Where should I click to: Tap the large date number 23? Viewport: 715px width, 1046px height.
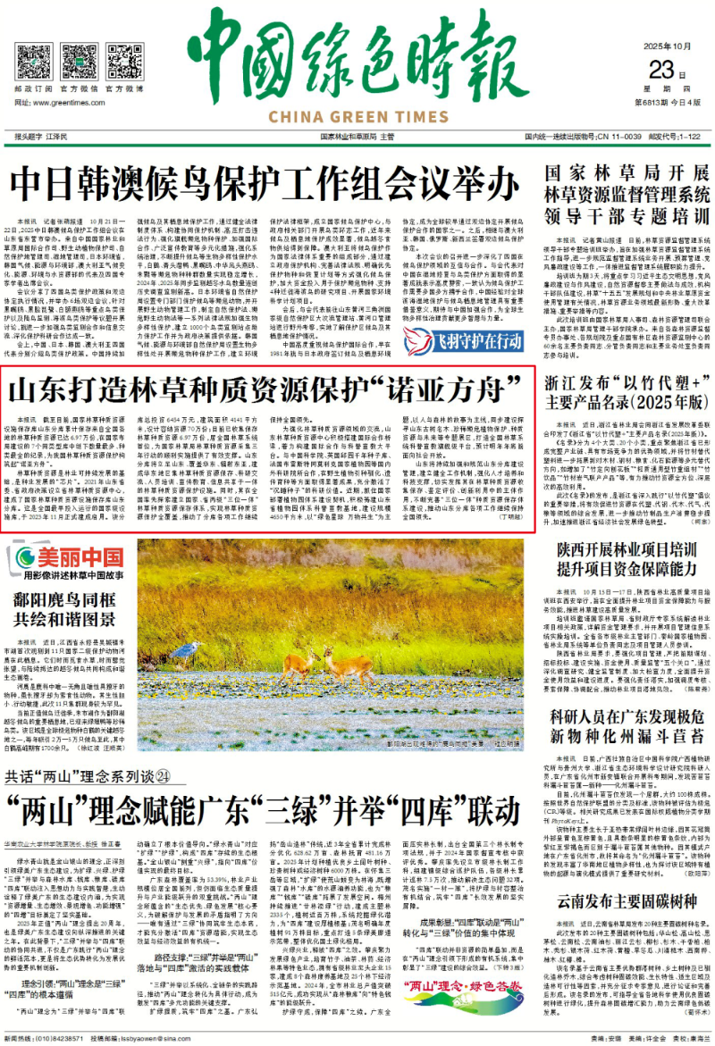660,70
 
